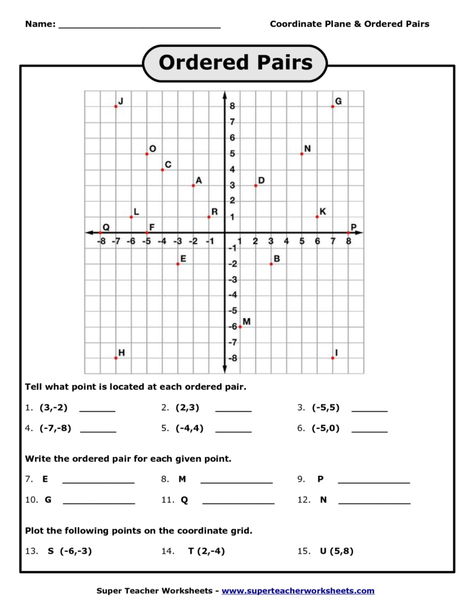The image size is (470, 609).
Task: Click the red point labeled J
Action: (116, 106)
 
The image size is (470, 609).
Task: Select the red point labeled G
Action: (333, 106)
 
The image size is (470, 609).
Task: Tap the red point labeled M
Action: (240, 327)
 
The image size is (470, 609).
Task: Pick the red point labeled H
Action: (116, 358)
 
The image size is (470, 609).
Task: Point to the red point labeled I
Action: (333, 358)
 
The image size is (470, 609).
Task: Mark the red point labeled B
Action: (271, 263)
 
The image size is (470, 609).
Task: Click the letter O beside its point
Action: (153, 149)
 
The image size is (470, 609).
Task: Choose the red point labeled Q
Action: (100, 233)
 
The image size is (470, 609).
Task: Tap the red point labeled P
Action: (348, 233)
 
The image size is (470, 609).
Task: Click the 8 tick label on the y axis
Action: (233, 106)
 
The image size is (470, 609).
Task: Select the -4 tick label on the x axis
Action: (162, 241)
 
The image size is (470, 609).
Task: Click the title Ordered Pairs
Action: (235, 62)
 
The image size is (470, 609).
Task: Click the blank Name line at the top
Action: (140, 26)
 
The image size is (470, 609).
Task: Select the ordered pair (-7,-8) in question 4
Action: (55, 428)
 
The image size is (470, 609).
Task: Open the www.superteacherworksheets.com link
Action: (298, 591)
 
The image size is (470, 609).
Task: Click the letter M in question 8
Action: (182, 479)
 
